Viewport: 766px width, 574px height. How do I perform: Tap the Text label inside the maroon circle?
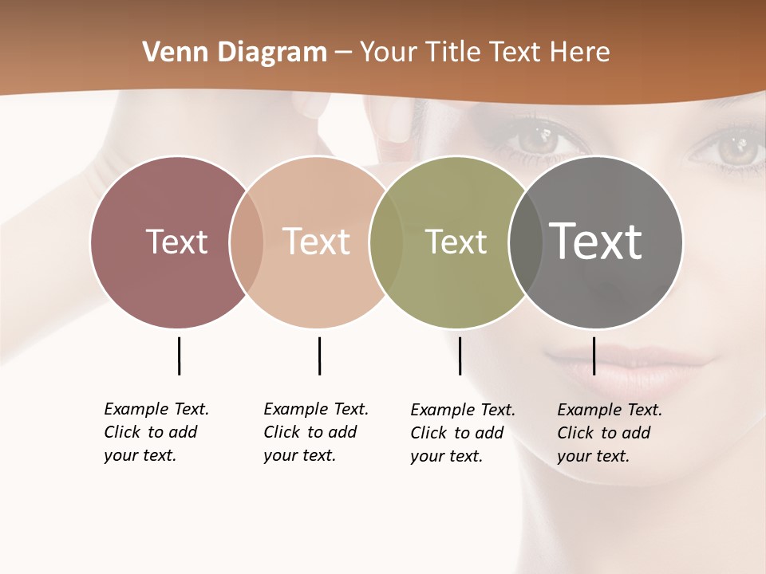click(x=176, y=242)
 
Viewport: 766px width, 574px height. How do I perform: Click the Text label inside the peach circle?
click(x=316, y=242)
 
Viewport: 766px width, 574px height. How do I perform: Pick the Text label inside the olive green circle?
click(x=456, y=242)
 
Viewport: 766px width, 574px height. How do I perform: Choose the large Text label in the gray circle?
click(x=595, y=241)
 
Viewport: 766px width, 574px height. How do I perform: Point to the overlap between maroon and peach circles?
click(x=247, y=242)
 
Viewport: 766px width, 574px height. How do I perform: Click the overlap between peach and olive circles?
click(x=386, y=242)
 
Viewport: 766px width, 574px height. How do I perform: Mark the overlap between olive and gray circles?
click(x=524, y=242)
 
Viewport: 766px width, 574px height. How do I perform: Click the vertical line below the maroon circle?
click(x=179, y=356)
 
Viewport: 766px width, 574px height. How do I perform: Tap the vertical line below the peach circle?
click(x=319, y=356)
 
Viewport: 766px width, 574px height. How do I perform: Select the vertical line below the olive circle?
click(x=460, y=356)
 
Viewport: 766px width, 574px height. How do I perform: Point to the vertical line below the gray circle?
click(x=594, y=356)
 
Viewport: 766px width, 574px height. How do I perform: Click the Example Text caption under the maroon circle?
click(x=156, y=432)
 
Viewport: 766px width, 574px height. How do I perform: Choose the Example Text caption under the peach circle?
click(x=315, y=432)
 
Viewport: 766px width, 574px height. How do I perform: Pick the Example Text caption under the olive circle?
click(x=462, y=433)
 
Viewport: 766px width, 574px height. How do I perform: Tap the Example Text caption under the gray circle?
click(x=609, y=433)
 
